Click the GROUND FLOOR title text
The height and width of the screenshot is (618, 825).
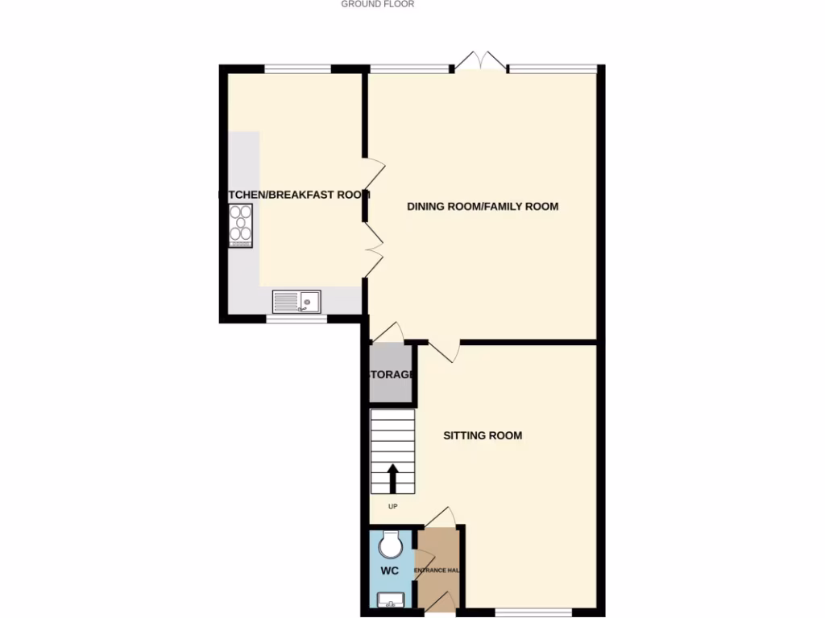377,4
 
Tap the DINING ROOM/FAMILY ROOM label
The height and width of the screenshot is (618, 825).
483,207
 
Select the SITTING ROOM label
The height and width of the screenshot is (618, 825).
483,435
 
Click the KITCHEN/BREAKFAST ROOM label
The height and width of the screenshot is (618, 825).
295,194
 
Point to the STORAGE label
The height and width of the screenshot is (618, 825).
392,375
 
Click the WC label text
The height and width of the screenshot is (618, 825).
390,571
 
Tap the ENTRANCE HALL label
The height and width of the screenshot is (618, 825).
437,571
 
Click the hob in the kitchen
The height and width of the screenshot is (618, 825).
241,225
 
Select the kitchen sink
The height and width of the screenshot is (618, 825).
296,301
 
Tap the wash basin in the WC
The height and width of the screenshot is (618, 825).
392,599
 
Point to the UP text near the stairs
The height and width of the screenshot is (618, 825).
393,506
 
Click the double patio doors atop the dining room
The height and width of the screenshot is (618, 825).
480,64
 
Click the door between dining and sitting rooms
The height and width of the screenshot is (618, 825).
443,350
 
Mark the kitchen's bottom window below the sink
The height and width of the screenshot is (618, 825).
297,319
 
